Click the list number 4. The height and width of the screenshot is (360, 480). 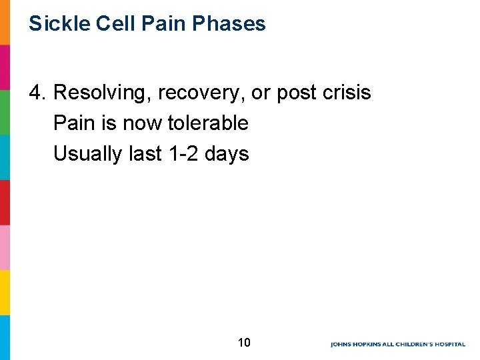(37, 93)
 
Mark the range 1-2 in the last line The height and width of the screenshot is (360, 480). (182, 154)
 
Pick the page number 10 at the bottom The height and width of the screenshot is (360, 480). (244, 343)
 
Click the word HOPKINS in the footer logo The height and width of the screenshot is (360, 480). (369, 345)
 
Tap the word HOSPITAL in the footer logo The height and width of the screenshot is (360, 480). (447, 345)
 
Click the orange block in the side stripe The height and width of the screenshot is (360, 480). (5, 22)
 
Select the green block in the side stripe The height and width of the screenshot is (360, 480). (5, 112)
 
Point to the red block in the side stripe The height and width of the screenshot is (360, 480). (5, 202)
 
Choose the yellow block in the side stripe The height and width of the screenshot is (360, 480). (5, 292)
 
